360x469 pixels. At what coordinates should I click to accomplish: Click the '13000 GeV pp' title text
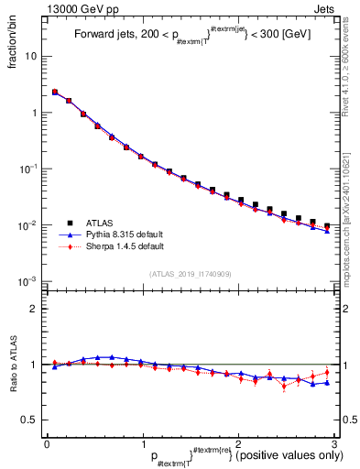[80, 7]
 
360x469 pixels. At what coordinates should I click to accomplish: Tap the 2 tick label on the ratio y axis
[34, 309]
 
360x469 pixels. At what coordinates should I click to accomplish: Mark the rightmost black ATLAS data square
[327, 225]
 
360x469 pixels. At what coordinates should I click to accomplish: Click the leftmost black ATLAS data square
[55, 92]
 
